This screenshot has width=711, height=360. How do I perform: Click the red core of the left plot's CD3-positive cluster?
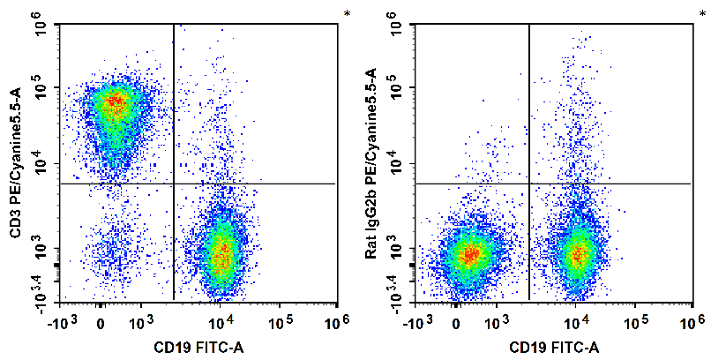pos(113,102)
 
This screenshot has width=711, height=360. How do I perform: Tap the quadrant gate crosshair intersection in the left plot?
pos(174,184)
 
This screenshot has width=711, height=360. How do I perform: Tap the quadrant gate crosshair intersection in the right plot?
pos(528,184)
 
